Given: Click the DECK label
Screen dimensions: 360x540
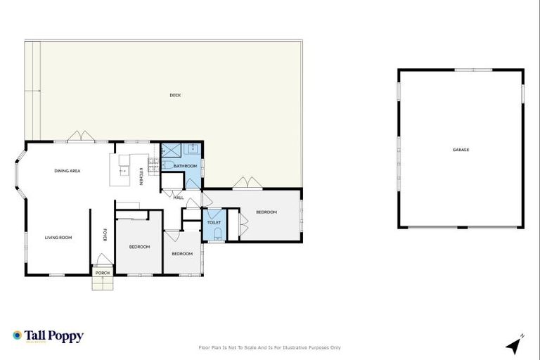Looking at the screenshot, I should tap(175, 95).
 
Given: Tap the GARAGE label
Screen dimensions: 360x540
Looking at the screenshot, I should tap(461, 150).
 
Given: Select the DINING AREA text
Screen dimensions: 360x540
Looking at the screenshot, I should tap(67, 171).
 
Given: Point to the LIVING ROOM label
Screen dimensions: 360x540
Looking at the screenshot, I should tap(59, 238).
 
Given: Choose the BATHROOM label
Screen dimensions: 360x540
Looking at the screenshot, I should tap(186, 166).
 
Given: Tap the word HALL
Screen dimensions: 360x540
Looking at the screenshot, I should tap(179, 198).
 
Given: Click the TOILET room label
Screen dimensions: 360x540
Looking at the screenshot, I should tap(214, 222).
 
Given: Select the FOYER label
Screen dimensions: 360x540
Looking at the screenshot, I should tap(105, 235).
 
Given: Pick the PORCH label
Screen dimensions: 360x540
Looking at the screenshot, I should tap(103, 273).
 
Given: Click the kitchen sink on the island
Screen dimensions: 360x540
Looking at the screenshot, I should tap(124, 169).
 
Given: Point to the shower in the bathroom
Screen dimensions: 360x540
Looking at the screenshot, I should tap(171, 149).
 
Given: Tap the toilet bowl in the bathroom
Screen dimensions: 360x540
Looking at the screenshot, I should tap(167, 164).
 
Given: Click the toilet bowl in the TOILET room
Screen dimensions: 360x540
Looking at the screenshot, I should tap(217, 234).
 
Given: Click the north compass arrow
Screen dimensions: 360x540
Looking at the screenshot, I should tap(515, 345).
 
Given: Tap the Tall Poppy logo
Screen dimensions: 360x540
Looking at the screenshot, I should tap(48, 336).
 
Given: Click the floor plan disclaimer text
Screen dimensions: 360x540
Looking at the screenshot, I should tap(270, 347).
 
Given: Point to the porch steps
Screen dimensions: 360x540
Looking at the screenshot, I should tap(103, 283).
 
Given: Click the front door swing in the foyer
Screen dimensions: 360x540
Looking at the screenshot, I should tap(103, 259).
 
